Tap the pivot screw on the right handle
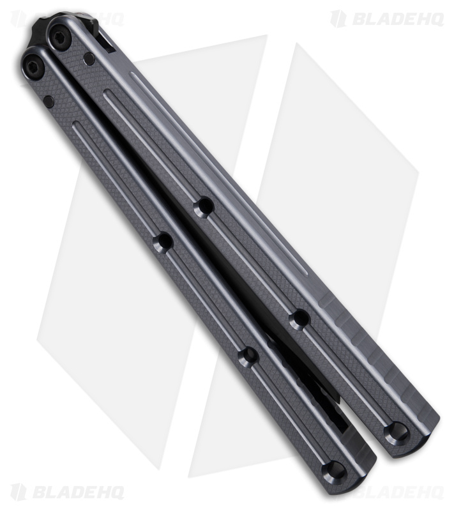59,38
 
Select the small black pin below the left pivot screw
49,99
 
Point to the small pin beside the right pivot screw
89,59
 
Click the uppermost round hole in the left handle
163,242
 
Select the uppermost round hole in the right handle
204,206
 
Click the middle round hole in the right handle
299,319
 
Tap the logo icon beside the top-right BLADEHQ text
338,19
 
